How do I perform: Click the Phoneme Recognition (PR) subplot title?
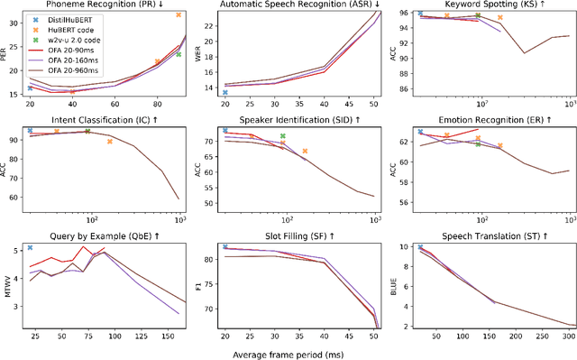point(101,5)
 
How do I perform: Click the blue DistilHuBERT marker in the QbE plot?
point(30,247)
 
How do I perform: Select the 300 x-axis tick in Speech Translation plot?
point(565,336)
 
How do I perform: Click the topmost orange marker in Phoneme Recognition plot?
point(178,15)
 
